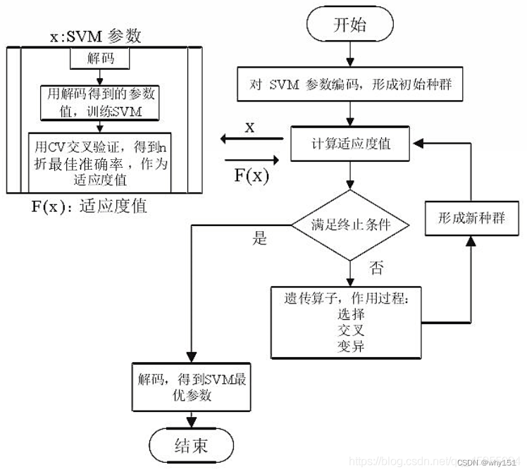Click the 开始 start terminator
pos(349,25)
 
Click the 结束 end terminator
pos(191,445)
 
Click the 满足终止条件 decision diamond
pos(350,225)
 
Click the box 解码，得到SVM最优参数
pos(191,385)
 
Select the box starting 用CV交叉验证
pos(101,161)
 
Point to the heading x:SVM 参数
pos(96,36)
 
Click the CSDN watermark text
pos(485,462)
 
